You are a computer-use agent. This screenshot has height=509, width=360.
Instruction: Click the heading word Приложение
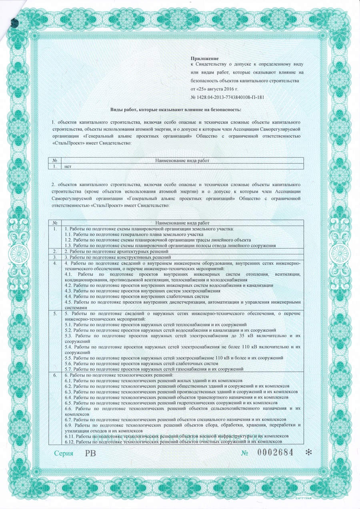(x=202, y=58)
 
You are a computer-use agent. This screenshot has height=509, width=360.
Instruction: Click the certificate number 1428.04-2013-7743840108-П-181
(x=228, y=97)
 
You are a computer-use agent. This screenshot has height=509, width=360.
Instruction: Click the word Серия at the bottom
(x=64, y=453)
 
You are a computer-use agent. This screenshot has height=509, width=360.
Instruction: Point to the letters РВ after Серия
(x=90, y=453)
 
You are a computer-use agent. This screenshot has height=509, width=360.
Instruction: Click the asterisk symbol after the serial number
(x=308, y=453)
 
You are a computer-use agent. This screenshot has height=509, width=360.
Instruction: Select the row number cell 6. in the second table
(x=55, y=375)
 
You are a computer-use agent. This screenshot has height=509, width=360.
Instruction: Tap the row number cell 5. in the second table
(x=55, y=314)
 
